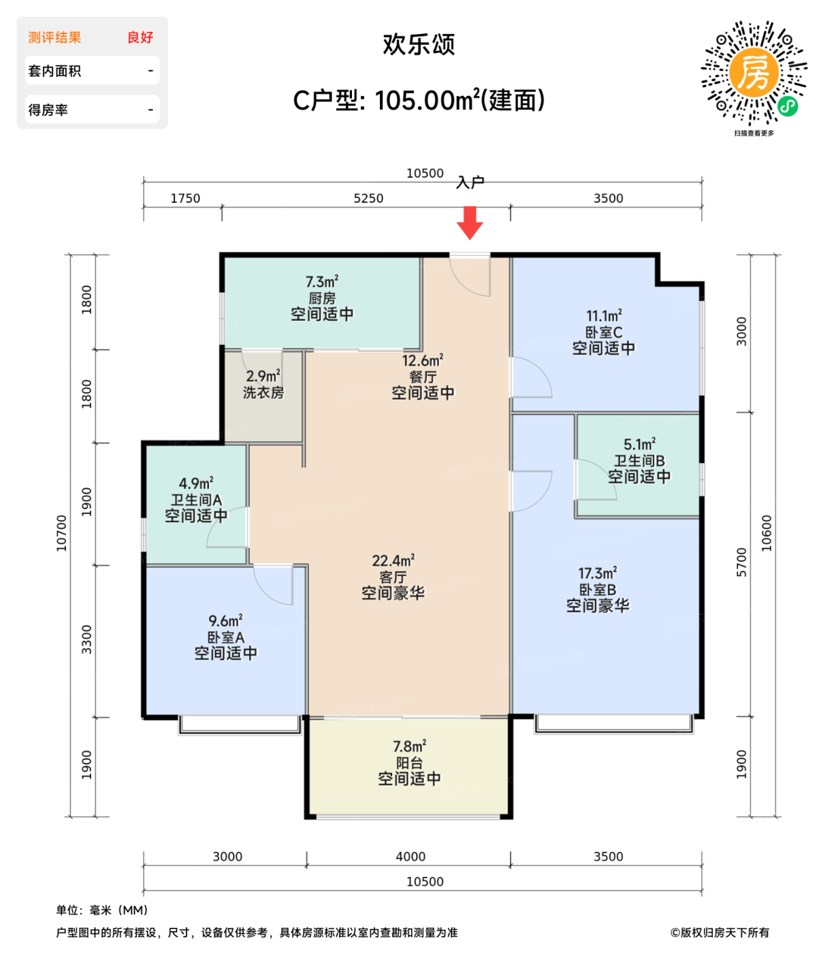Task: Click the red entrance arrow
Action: tap(470, 223)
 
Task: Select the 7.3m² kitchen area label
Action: tap(322, 298)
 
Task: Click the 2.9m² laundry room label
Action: tap(263, 385)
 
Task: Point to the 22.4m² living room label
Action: tap(393, 577)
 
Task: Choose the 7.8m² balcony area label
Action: tap(409, 762)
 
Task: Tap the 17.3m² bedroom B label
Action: tap(598, 589)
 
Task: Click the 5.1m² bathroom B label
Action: tap(639, 461)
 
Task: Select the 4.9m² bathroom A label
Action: tap(196, 500)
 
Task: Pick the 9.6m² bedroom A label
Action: tap(225, 637)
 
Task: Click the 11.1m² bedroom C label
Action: tap(604, 332)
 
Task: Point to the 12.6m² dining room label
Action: tap(423, 376)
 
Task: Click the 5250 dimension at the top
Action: tap(368, 198)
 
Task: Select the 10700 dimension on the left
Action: tap(62, 533)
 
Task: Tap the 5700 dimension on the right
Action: tap(742, 562)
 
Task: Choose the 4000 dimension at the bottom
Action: tap(410, 856)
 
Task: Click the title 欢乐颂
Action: tap(419, 45)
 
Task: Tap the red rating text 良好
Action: tap(140, 37)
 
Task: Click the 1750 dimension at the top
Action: tap(185, 198)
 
